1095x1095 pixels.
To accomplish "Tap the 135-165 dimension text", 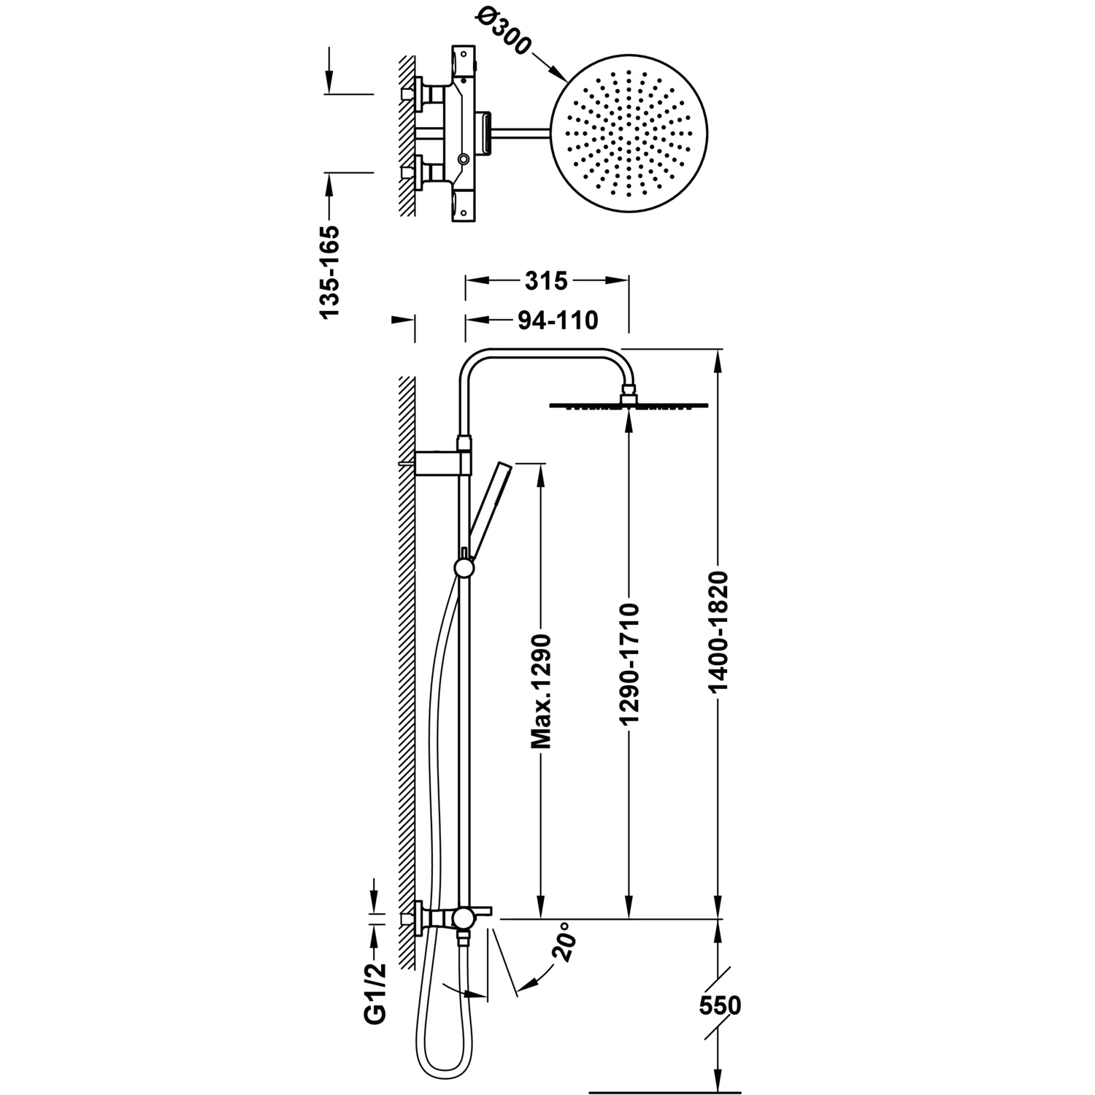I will coord(330,272).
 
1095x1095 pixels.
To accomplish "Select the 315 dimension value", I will coord(546,280).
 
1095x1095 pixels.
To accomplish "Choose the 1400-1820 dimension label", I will coord(719,632).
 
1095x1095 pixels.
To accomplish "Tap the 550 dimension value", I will coord(719,1006).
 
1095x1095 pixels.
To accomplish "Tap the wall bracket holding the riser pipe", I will coord(442,461).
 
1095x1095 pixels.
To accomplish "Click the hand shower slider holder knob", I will coord(463,567).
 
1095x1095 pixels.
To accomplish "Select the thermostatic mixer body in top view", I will coord(461,134).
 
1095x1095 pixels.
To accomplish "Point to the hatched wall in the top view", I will coord(405,134).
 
